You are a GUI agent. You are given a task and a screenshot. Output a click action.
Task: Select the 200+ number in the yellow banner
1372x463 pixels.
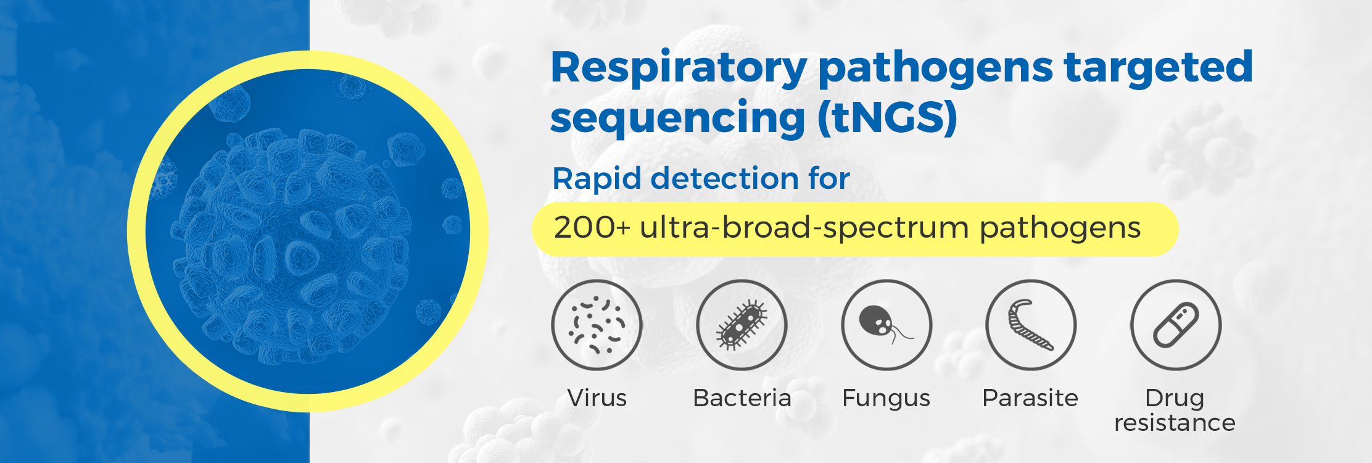(x=592, y=228)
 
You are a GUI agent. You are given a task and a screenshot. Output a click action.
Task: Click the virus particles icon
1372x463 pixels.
(x=597, y=325)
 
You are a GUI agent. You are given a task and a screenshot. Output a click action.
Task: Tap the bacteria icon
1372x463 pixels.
(x=742, y=325)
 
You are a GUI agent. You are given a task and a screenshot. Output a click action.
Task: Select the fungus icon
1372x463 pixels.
(x=886, y=325)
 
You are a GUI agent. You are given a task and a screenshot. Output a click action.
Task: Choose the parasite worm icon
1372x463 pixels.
(x=1031, y=325)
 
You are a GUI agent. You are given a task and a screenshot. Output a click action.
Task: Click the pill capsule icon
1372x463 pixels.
(x=1176, y=325)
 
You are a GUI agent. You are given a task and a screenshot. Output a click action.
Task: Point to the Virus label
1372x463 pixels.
(x=597, y=398)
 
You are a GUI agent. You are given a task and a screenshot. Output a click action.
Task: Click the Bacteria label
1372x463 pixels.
(x=742, y=398)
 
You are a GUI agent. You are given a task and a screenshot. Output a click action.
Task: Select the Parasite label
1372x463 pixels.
(x=1030, y=398)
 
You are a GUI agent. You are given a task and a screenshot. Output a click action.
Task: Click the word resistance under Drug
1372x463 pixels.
(x=1175, y=423)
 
